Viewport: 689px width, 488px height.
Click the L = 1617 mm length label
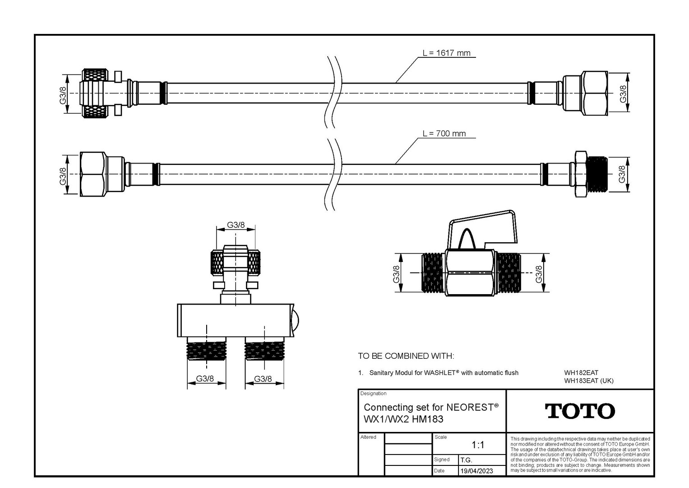point(446,53)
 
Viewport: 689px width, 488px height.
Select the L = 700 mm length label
point(444,133)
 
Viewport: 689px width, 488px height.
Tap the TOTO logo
point(580,411)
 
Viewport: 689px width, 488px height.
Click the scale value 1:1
point(478,445)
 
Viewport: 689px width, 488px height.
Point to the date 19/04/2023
point(476,471)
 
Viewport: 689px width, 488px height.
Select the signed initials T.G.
point(466,460)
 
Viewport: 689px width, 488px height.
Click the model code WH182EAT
point(581,373)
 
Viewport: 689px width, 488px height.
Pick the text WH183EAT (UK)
point(589,381)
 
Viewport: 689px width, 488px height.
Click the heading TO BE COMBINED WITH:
point(406,356)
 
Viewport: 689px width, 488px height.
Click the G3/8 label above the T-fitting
point(236,225)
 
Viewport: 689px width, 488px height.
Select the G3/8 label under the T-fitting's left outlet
point(205,379)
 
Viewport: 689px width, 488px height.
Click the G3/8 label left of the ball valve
point(396,274)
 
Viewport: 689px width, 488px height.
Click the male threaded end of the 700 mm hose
point(597,174)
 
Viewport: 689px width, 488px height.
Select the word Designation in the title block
point(373,394)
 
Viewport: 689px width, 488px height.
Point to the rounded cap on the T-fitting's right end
point(295,320)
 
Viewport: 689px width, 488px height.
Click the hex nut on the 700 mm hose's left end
point(93,174)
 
